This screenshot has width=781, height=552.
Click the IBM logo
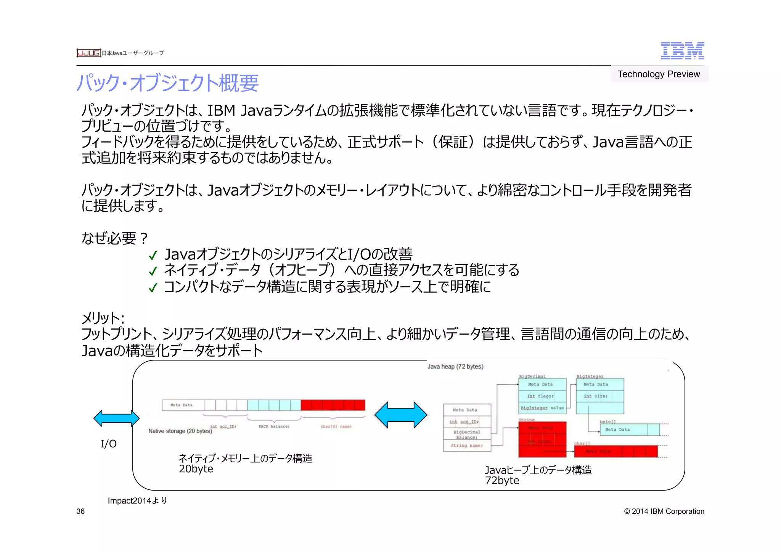pyautogui.click(x=682, y=51)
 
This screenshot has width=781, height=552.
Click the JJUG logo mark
pyautogui.click(x=88, y=53)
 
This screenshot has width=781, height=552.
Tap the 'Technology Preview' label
pyautogui.click(x=659, y=74)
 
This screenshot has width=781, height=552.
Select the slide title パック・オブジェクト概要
pyautogui.click(x=167, y=83)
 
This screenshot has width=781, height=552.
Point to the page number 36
pyautogui.click(x=80, y=511)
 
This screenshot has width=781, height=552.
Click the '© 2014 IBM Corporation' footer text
pyautogui.click(x=664, y=511)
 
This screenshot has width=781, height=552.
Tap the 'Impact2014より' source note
pyautogui.click(x=137, y=501)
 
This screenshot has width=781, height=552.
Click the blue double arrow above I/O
pyautogui.click(x=116, y=418)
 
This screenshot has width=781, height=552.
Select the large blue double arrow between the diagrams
pyautogui.click(x=400, y=415)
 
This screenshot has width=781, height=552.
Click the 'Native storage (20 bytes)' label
pyautogui.click(x=180, y=431)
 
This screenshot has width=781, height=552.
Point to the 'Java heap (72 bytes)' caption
pyautogui.click(x=455, y=367)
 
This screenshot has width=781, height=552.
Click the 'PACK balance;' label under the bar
pyautogui.click(x=274, y=426)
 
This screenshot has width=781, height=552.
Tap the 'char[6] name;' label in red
pyautogui.click(x=336, y=426)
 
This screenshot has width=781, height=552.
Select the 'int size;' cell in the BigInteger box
pyautogui.click(x=595, y=396)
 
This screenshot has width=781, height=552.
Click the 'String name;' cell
pyautogui.click(x=466, y=445)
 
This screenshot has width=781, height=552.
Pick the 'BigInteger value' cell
pyautogui.click(x=542, y=408)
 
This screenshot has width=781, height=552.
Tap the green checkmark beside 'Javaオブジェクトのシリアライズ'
pyautogui.click(x=153, y=255)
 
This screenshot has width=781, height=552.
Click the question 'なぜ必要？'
pyautogui.click(x=114, y=238)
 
